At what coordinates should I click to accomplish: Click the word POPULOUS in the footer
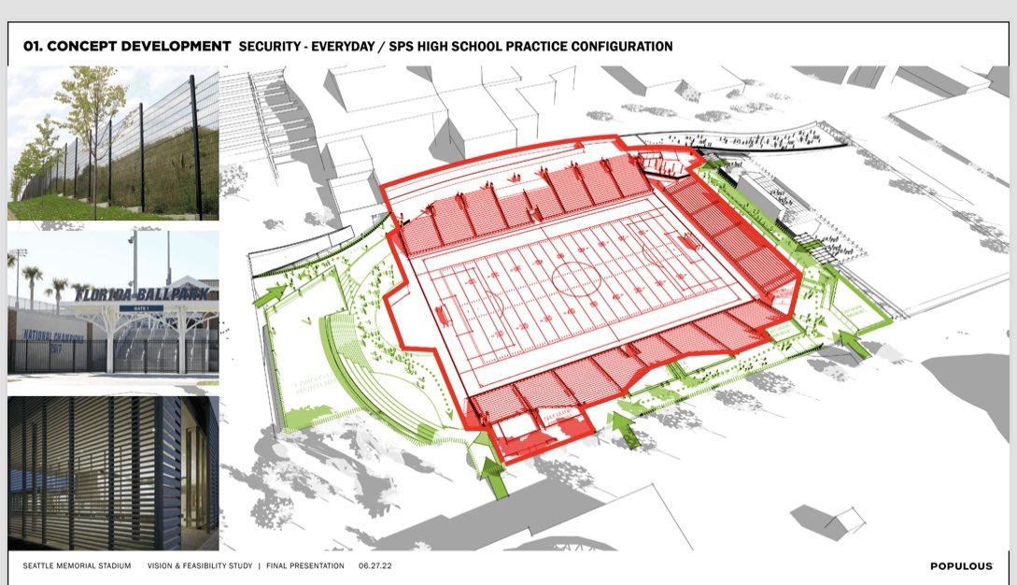point(961,566)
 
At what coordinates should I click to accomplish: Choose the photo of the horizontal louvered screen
point(113,473)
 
